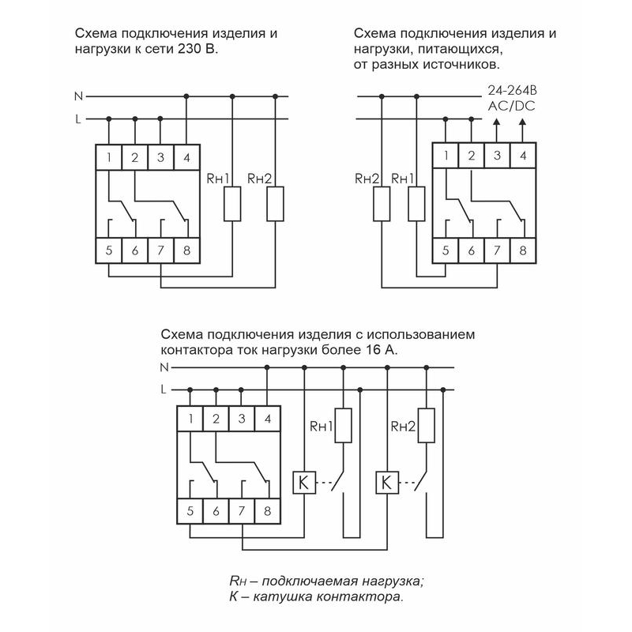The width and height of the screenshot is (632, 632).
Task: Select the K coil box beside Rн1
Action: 304,481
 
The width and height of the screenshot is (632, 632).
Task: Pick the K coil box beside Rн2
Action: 386,481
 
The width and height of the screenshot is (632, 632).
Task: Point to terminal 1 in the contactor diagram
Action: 190,419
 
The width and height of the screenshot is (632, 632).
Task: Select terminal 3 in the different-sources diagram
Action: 497,155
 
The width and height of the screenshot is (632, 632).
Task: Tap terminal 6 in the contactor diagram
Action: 216,510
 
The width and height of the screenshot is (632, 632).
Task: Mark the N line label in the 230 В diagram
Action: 77,96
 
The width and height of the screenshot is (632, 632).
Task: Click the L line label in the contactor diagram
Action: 164,389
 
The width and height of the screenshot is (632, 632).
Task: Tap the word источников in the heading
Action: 463,62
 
